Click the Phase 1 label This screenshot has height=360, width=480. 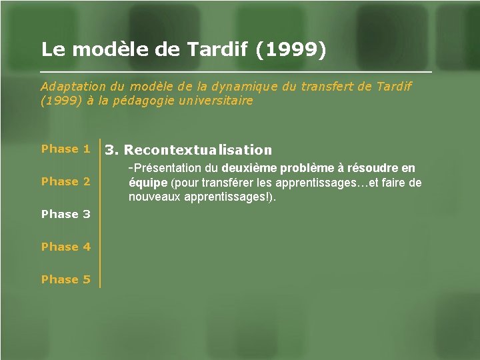click(x=65, y=149)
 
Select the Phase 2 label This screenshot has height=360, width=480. click(x=65, y=181)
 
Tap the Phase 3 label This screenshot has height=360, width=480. click(x=65, y=214)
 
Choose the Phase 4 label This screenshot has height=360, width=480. click(x=65, y=247)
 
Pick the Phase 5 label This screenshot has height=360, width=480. click(x=65, y=279)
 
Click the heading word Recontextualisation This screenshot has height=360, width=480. click(x=198, y=150)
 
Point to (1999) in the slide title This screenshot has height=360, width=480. click(x=291, y=49)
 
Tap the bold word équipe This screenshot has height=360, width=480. click(x=148, y=183)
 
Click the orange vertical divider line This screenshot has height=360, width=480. click(x=100, y=213)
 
